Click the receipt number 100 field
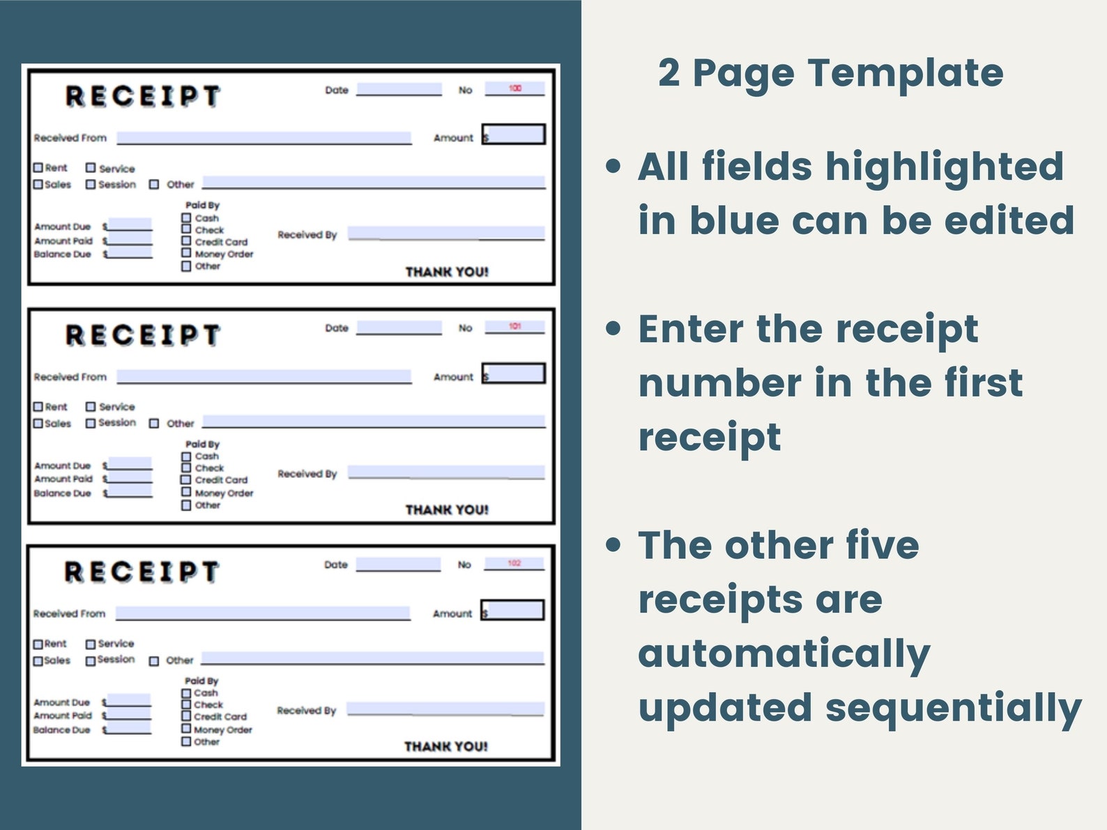tap(514, 89)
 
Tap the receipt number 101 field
tap(514, 326)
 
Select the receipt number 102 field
tap(514, 563)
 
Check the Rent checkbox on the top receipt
tap(38, 168)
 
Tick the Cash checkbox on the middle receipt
tap(186, 456)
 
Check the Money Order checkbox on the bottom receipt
tap(186, 729)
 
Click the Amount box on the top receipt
tap(514, 135)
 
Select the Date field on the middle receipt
tap(399, 328)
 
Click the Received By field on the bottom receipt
tap(445, 709)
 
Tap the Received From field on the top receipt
tap(264, 138)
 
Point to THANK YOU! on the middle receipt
tap(447, 510)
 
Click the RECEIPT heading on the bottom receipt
tap(142, 572)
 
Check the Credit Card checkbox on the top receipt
tap(186, 241)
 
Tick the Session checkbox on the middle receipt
tap(91, 423)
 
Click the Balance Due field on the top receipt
tap(129, 253)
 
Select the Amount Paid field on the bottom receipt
tap(128, 714)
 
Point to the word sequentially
tap(953, 709)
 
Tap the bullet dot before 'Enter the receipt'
tap(613, 329)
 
